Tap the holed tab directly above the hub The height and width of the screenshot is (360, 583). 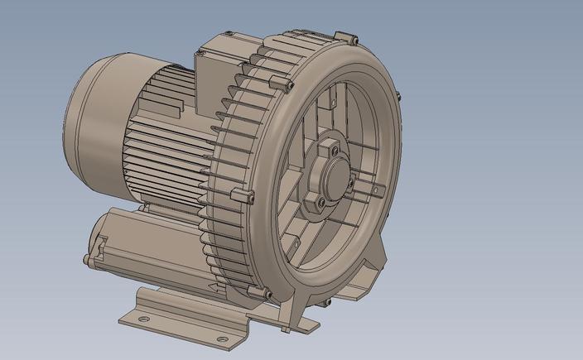331,107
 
